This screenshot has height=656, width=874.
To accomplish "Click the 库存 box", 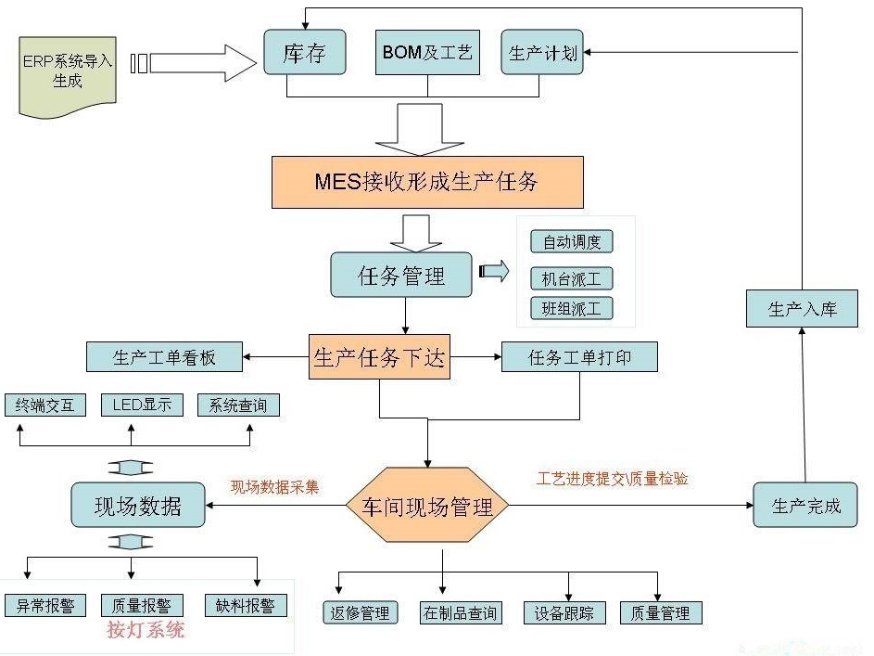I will click(305, 52).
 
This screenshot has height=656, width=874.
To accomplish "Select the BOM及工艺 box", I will click(427, 52).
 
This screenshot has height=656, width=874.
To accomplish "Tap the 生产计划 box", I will click(542, 52).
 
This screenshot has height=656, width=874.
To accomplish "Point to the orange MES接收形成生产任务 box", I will click(427, 181).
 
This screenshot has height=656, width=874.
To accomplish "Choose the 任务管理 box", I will click(401, 275).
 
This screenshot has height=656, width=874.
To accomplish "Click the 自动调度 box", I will click(572, 242).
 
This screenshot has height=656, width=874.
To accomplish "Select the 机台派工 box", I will click(572, 277).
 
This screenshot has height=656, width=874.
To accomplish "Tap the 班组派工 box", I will click(572, 308).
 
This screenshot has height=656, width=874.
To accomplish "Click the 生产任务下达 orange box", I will click(379, 357).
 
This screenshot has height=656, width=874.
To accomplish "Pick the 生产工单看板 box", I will click(164, 356).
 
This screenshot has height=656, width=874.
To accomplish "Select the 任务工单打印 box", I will click(579, 356).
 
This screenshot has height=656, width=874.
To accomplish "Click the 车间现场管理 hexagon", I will click(427, 507).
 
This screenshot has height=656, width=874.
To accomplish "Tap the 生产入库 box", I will click(802, 308).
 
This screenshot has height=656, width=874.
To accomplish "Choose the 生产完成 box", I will click(805, 506).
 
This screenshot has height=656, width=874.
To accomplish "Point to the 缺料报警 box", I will click(246, 605).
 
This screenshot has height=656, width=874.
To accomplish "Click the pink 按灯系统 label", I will click(146, 631).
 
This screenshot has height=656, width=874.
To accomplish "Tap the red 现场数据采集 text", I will click(274, 486).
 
